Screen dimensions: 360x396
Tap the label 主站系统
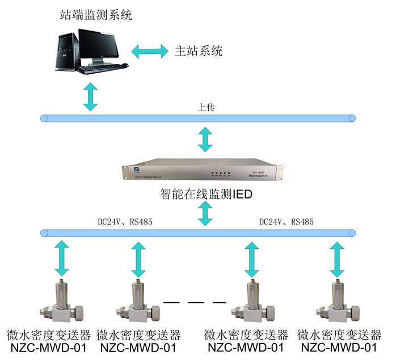pyautogui.click(x=198, y=50)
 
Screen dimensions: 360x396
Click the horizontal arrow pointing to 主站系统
pyautogui.click(x=150, y=50)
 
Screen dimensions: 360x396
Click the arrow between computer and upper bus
pyautogui.click(x=90, y=96)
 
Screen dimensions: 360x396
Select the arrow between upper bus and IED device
pyautogui.click(x=205, y=139)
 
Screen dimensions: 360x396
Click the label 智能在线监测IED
pyautogui.click(x=206, y=196)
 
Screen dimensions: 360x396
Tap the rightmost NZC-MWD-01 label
pyautogui.click(x=339, y=347)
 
